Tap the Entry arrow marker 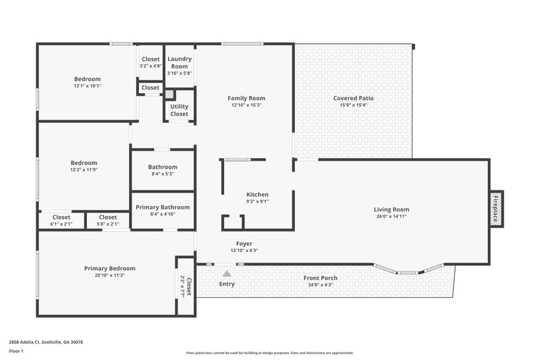pyautogui.click(x=227, y=274)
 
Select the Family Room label pyautogui.click(x=246, y=98)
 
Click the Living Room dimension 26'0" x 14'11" pyautogui.click(x=391, y=216)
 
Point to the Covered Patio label pyautogui.click(x=353, y=98)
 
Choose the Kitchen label pyautogui.click(x=257, y=194)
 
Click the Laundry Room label pyautogui.click(x=180, y=62)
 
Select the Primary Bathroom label pyautogui.click(x=163, y=207)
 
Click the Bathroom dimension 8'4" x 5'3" pyautogui.click(x=163, y=174)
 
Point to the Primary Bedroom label pyautogui.click(x=109, y=268)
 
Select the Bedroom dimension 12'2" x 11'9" pyautogui.click(x=84, y=169)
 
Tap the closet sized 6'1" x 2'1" pyautogui.click(x=61, y=221)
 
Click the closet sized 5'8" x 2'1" pyautogui.click(x=107, y=221)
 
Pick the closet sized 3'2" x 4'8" pyautogui.click(x=151, y=62)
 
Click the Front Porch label pyautogui.click(x=321, y=278)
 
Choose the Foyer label pyautogui.click(x=244, y=243)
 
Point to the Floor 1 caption pyautogui.click(x=16, y=352)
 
